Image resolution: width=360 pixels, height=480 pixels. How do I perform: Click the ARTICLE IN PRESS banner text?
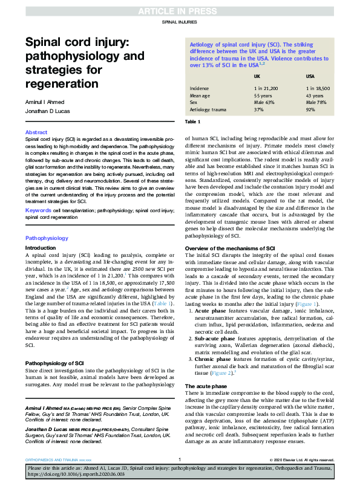click(x=180, y=10)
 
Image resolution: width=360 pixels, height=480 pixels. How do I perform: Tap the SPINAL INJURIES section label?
click(x=180, y=22)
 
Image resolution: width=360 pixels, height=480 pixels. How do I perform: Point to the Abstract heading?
click(x=35, y=132)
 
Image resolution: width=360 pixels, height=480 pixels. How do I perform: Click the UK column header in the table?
click(x=257, y=77)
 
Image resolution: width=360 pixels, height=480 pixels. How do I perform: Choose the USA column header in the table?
click(x=311, y=77)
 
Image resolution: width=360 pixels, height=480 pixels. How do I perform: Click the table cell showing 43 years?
click(x=316, y=96)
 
